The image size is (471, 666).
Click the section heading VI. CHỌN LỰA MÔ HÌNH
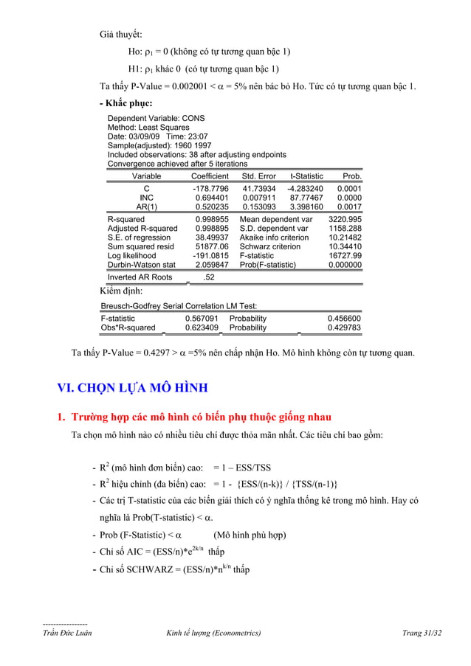(x=133, y=389)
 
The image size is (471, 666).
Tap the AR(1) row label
(x=146, y=207)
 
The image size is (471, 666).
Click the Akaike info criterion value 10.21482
(x=345, y=238)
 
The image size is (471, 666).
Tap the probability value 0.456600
(x=345, y=319)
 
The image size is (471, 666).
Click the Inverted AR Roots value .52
(x=209, y=277)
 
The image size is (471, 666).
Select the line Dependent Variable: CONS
(x=156, y=118)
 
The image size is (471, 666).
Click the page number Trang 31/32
(x=422, y=633)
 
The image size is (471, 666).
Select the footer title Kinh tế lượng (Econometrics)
(x=213, y=633)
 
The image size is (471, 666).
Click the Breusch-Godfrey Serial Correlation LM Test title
(x=179, y=305)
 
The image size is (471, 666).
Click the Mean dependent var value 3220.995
(x=345, y=220)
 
